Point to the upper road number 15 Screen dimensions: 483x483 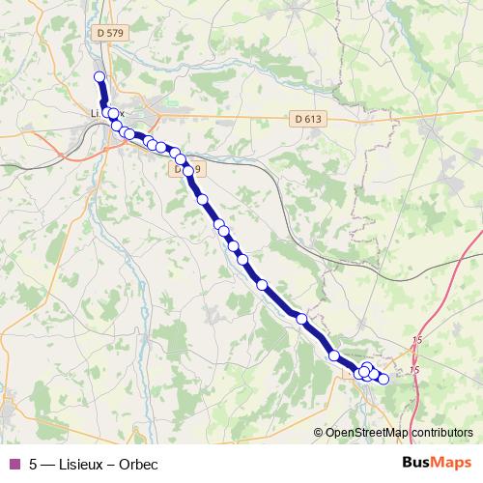pos(417,340)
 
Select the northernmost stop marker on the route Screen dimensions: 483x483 pos(99,77)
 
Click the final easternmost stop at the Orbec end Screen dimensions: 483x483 pos(384,379)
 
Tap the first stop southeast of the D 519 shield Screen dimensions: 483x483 pos(203,200)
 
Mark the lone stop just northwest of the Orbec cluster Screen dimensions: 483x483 pos(335,356)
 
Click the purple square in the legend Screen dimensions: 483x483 pos(14,463)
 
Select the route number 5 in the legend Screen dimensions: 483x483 pos(34,463)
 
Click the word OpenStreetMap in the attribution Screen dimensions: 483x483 pos(366,432)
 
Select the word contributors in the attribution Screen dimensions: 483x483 pos(441,432)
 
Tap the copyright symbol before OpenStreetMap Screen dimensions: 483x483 pos(319,432)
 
